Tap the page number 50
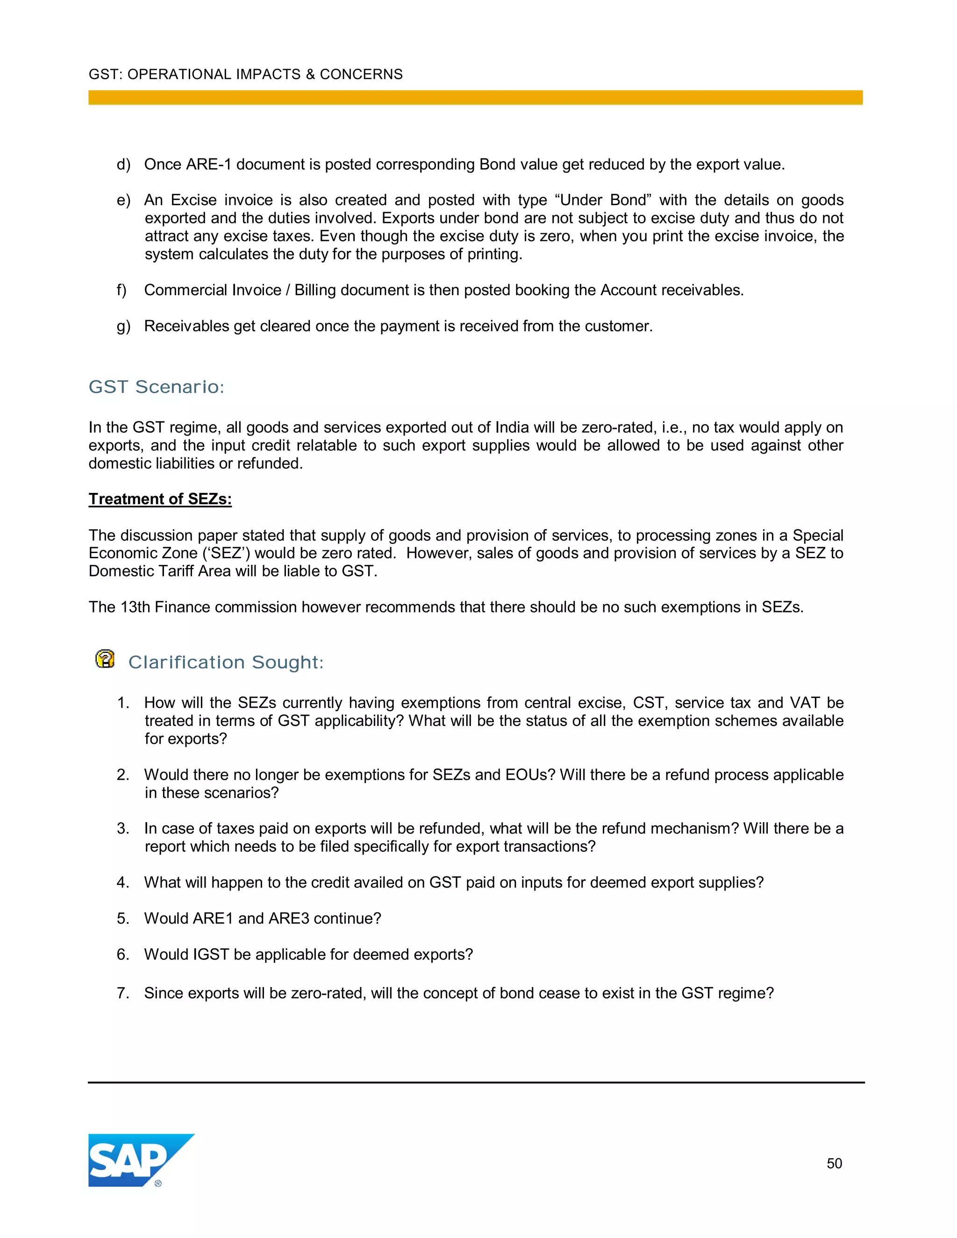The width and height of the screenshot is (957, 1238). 834,1163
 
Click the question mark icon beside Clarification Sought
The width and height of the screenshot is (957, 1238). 105,659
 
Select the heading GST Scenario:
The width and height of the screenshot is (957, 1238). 157,387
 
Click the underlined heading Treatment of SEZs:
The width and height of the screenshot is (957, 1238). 160,499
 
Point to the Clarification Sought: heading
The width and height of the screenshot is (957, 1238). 226,662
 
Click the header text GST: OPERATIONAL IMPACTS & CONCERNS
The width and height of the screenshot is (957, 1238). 245,74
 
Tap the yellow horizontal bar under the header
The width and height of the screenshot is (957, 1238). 475,98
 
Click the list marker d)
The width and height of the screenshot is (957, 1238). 123,164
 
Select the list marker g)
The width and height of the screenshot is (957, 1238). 123,327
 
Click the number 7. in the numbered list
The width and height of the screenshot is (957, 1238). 123,993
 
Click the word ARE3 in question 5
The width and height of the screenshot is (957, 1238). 289,918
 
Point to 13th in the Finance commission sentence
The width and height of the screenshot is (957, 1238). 135,607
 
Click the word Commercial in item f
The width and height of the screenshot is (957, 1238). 180,290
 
